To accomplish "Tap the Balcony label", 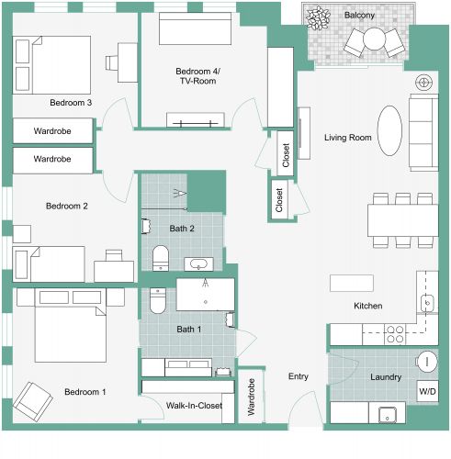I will (359, 15).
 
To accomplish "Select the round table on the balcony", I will (376, 39).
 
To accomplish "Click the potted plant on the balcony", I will (321, 17).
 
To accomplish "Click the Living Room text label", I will (347, 138).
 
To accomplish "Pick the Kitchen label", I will (367, 306).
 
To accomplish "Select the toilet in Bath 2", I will (160, 257).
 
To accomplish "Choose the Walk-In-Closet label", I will (194, 405).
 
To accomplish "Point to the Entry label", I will (299, 376).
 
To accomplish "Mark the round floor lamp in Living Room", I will (423, 83).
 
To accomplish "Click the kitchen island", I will (354, 282).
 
